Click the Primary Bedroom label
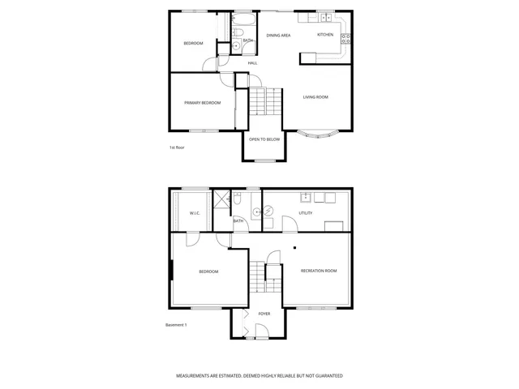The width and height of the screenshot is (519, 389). (x=202, y=103)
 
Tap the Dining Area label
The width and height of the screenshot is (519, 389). (x=278, y=36)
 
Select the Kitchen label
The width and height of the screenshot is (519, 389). (x=325, y=35)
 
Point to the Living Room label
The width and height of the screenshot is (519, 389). (x=315, y=98)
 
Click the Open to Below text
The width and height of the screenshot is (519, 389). (x=264, y=139)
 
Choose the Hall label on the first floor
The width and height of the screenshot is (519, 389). (x=252, y=63)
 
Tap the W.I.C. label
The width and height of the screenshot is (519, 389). (x=195, y=213)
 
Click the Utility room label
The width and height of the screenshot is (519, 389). (x=305, y=213)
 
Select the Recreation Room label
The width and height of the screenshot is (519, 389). (x=318, y=271)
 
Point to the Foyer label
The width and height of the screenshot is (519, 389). (x=264, y=314)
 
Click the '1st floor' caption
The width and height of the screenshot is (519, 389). (x=178, y=147)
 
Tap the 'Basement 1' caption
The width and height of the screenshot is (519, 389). (x=176, y=325)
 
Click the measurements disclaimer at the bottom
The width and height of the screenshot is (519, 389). (x=259, y=376)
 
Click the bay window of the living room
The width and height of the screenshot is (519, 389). (x=317, y=134)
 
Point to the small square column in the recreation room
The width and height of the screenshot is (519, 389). (x=294, y=247)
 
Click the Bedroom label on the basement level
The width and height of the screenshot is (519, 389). (x=208, y=271)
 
